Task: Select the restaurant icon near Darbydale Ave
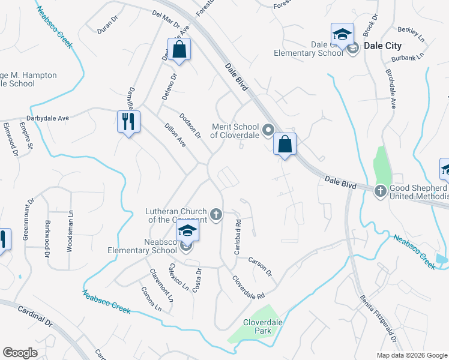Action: [128, 122]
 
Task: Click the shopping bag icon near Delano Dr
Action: [179, 50]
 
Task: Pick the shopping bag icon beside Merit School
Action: [285, 144]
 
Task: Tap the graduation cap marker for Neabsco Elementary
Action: [187, 232]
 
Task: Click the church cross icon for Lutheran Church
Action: [216, 214]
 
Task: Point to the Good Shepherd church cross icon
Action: [380, 191]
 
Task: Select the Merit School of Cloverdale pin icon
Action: [268, 129]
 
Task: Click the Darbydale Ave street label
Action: [47, 118]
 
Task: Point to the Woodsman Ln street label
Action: [70, 230]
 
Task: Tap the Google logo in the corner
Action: [20, 353]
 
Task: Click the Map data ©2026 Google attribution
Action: [411, 355]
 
